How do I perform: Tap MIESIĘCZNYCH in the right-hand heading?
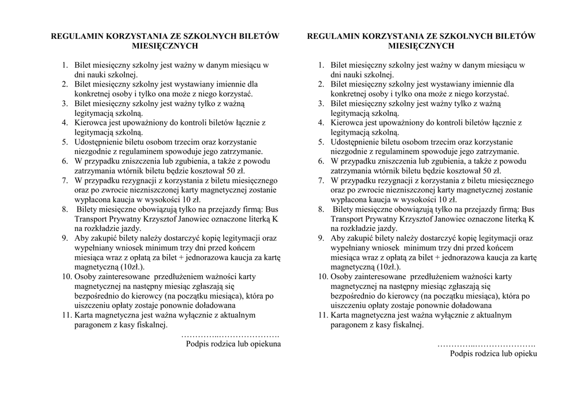[x=421, y=46]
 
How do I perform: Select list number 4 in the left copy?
[x=65, y=122]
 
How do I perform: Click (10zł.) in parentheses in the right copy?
[x=389, y=267]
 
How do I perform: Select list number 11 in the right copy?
[x=322, y=315]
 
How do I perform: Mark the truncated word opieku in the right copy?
[x=524, y=354]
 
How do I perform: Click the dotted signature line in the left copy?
[x=230, y=335]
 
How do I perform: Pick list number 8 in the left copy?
[x=65, y=209]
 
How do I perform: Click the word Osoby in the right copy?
[x=342, y=277]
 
